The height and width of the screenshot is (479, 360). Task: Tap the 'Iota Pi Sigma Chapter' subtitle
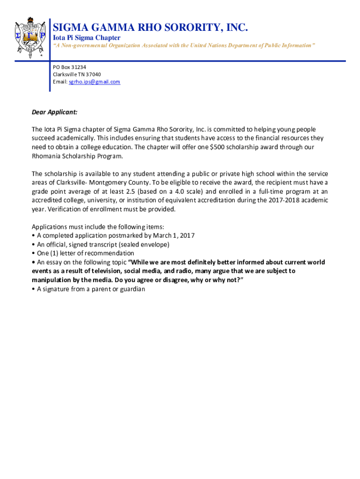(x=86, y=37)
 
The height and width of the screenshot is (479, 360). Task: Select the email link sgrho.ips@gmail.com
(x=94, y=82)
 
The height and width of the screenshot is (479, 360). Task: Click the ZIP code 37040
(x=92, y=74)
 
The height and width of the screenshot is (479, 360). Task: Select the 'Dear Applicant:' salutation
(x=54, y=112)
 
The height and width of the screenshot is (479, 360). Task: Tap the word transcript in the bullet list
(x=105, y=244)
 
